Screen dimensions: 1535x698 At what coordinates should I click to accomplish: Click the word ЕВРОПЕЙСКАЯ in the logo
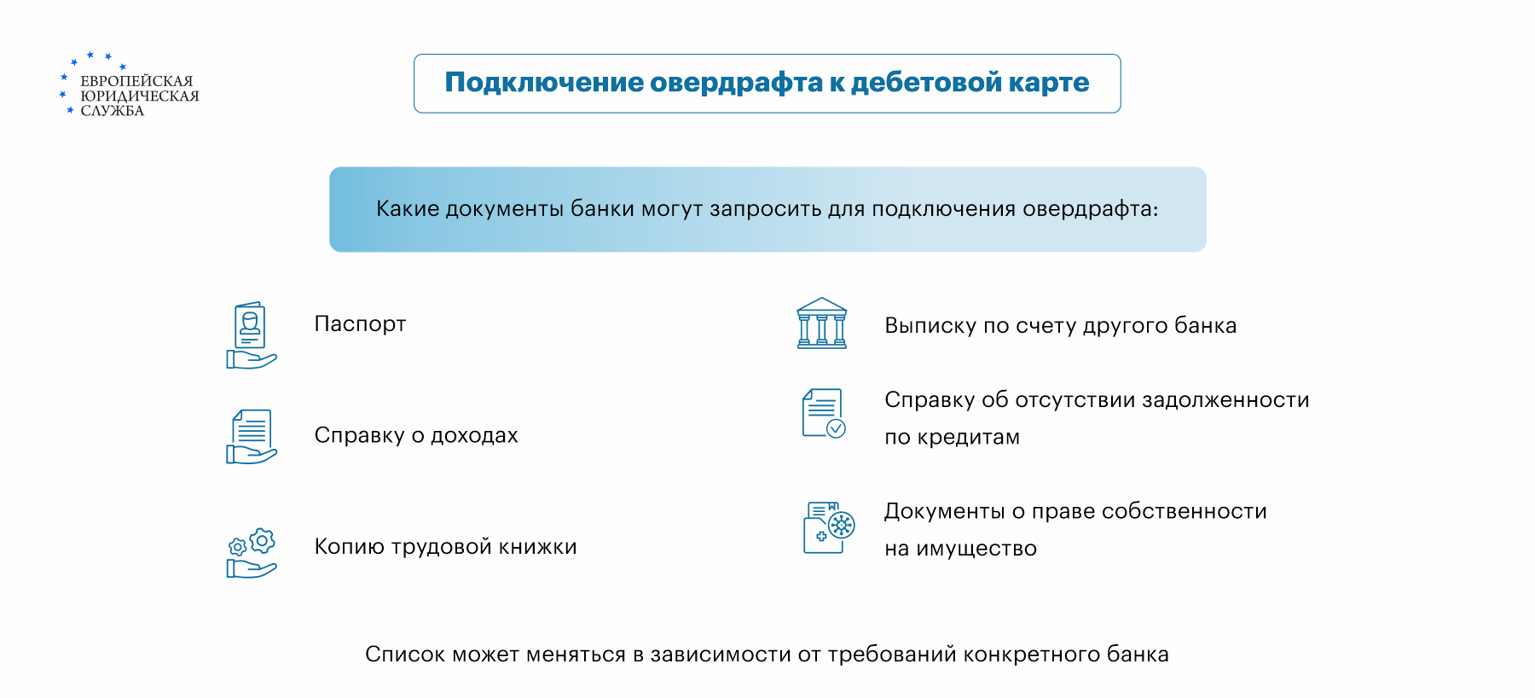pyautogui.click(x=136, y=81)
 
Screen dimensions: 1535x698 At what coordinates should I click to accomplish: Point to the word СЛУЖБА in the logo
pyautogui.click(x=113, y=111)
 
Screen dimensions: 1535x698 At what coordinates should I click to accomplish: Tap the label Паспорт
pyautogui.click(x=360, y=324)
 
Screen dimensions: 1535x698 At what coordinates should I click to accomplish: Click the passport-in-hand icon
pyautogui.click(x=252, y=335)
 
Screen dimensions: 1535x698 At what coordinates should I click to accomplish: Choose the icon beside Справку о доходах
pyautogui.click(x=252, y=437)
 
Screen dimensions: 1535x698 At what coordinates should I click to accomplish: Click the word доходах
pyautogui.click(x=474, y=435)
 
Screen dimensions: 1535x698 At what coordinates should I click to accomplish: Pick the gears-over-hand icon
pyautogui.click(x=252, y=553)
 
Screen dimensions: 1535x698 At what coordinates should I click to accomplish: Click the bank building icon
pyautogui.click(x=822, y=323)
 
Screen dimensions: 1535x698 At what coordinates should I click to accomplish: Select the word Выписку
pyautogui.click(x=930, y=326)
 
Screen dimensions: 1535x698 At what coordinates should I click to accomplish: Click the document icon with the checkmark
pyautogui.click(x=824, y=413)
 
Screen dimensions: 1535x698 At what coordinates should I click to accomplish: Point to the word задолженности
pyautogui.click(x=1225, y=400)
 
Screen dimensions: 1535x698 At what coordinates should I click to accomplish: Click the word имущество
pyautogui.click(x=976, y=549)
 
